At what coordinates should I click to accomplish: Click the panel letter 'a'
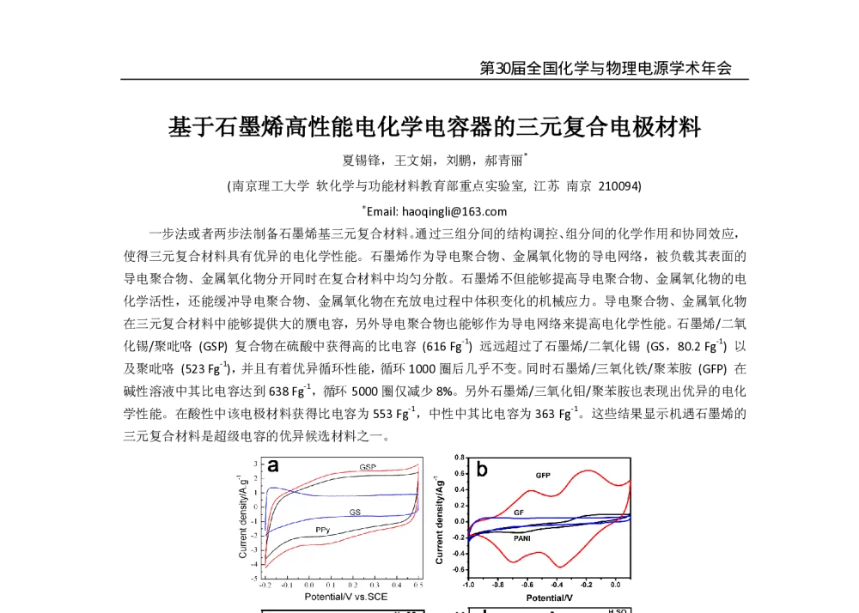click(273, 465)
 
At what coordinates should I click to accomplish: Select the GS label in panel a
click(354, 512)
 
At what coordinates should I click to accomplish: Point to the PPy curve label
click(322, 530)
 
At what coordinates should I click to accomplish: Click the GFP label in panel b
click(543, 475)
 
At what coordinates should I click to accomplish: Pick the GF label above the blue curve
click(519, 512)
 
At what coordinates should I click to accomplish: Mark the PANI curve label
click(521, 537)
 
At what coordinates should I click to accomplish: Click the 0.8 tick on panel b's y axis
click(460, 458)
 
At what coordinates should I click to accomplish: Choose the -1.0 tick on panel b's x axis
click(469, 584)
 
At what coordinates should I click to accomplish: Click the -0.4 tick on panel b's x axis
click(557, 584)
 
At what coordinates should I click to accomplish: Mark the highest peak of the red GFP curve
click(588, 470)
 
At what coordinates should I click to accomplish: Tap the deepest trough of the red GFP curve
click(559, 567)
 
